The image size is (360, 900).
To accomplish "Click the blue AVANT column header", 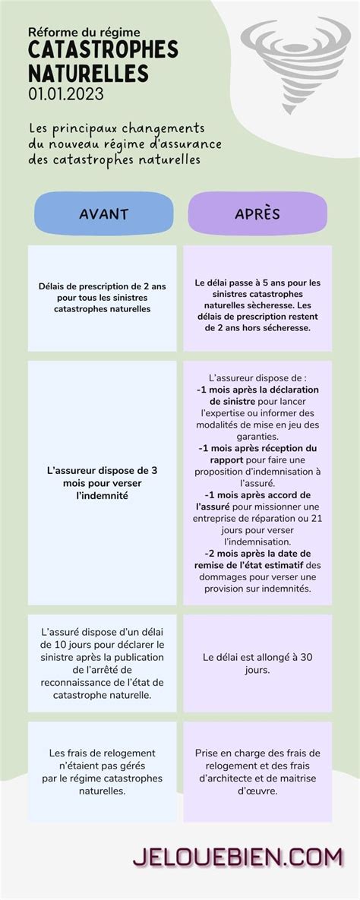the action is click(x=103, y=213).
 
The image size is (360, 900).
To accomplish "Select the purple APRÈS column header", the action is click(x=257, y=213).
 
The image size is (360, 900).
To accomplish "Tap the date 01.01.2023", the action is click(x=66, y=94).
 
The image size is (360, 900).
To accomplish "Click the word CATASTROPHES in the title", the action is click(x=103, y=51).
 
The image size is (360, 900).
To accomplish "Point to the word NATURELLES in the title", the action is click(x=88, y=73).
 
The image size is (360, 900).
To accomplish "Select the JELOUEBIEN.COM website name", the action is click(x=238, y=857).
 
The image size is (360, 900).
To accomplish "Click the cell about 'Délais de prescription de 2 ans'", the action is click(x=103, y=298).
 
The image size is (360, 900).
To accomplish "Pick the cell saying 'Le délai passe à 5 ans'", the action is click(x=257, y=305).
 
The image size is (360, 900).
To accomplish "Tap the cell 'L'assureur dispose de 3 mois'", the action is click(x=103, y=482).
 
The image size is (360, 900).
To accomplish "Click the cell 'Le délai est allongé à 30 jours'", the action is click(x=257, y=663).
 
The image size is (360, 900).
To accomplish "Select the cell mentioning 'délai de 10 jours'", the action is click(x=103, y=663).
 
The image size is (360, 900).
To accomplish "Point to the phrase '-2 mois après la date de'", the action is click(x=257, y=554).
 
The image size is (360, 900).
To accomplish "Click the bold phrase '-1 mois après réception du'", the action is click(x=257, y=448).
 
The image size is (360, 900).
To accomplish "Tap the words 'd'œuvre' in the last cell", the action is click(x=257, y=791).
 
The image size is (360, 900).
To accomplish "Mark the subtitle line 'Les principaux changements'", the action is click(x=117, y=128).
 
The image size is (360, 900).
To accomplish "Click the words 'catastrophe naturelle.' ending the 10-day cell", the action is click(x=103, y=694).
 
